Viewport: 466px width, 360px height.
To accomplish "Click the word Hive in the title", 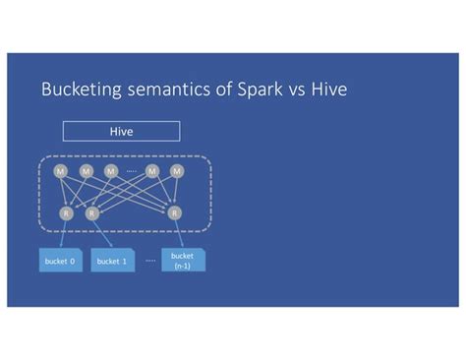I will [332, 91].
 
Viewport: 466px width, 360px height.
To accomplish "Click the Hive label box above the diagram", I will [121, 131].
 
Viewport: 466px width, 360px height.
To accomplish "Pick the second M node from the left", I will [86, 171].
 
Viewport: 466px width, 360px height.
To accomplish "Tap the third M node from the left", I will [110, 171].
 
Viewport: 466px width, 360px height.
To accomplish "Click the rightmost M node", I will [177, 171].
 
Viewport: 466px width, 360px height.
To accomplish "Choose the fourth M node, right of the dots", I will [152, 171].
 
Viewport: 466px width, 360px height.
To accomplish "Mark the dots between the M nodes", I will [132, 171].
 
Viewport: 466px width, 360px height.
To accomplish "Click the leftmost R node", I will [66, 211].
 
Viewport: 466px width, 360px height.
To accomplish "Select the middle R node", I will [91, 211].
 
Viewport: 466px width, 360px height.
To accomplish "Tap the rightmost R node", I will [174, 211].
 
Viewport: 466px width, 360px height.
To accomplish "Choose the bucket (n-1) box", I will [183, 260].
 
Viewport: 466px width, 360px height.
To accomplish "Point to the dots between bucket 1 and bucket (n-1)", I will [149, 262].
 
